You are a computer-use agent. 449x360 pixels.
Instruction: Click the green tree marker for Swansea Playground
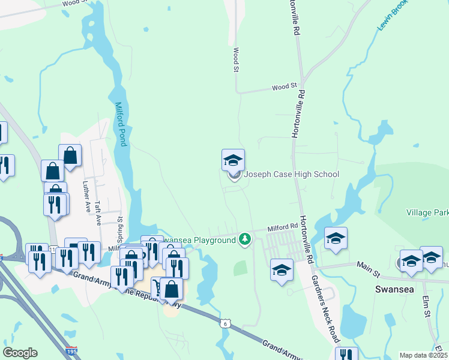pyautogui.click(x=244, y=239)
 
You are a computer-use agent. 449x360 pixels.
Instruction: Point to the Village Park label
pyautogui.click(x=427, y=213)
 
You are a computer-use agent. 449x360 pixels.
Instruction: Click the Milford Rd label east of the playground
pyautogui.click(x=283, y=227)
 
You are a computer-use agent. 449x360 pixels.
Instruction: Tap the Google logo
pyautogui.click(x=20, y=353)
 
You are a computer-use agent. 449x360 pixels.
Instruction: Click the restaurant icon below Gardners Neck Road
pyautogui.click(x=346, y=355)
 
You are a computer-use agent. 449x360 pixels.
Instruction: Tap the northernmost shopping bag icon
pyautogui.click(x=70, y=155)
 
